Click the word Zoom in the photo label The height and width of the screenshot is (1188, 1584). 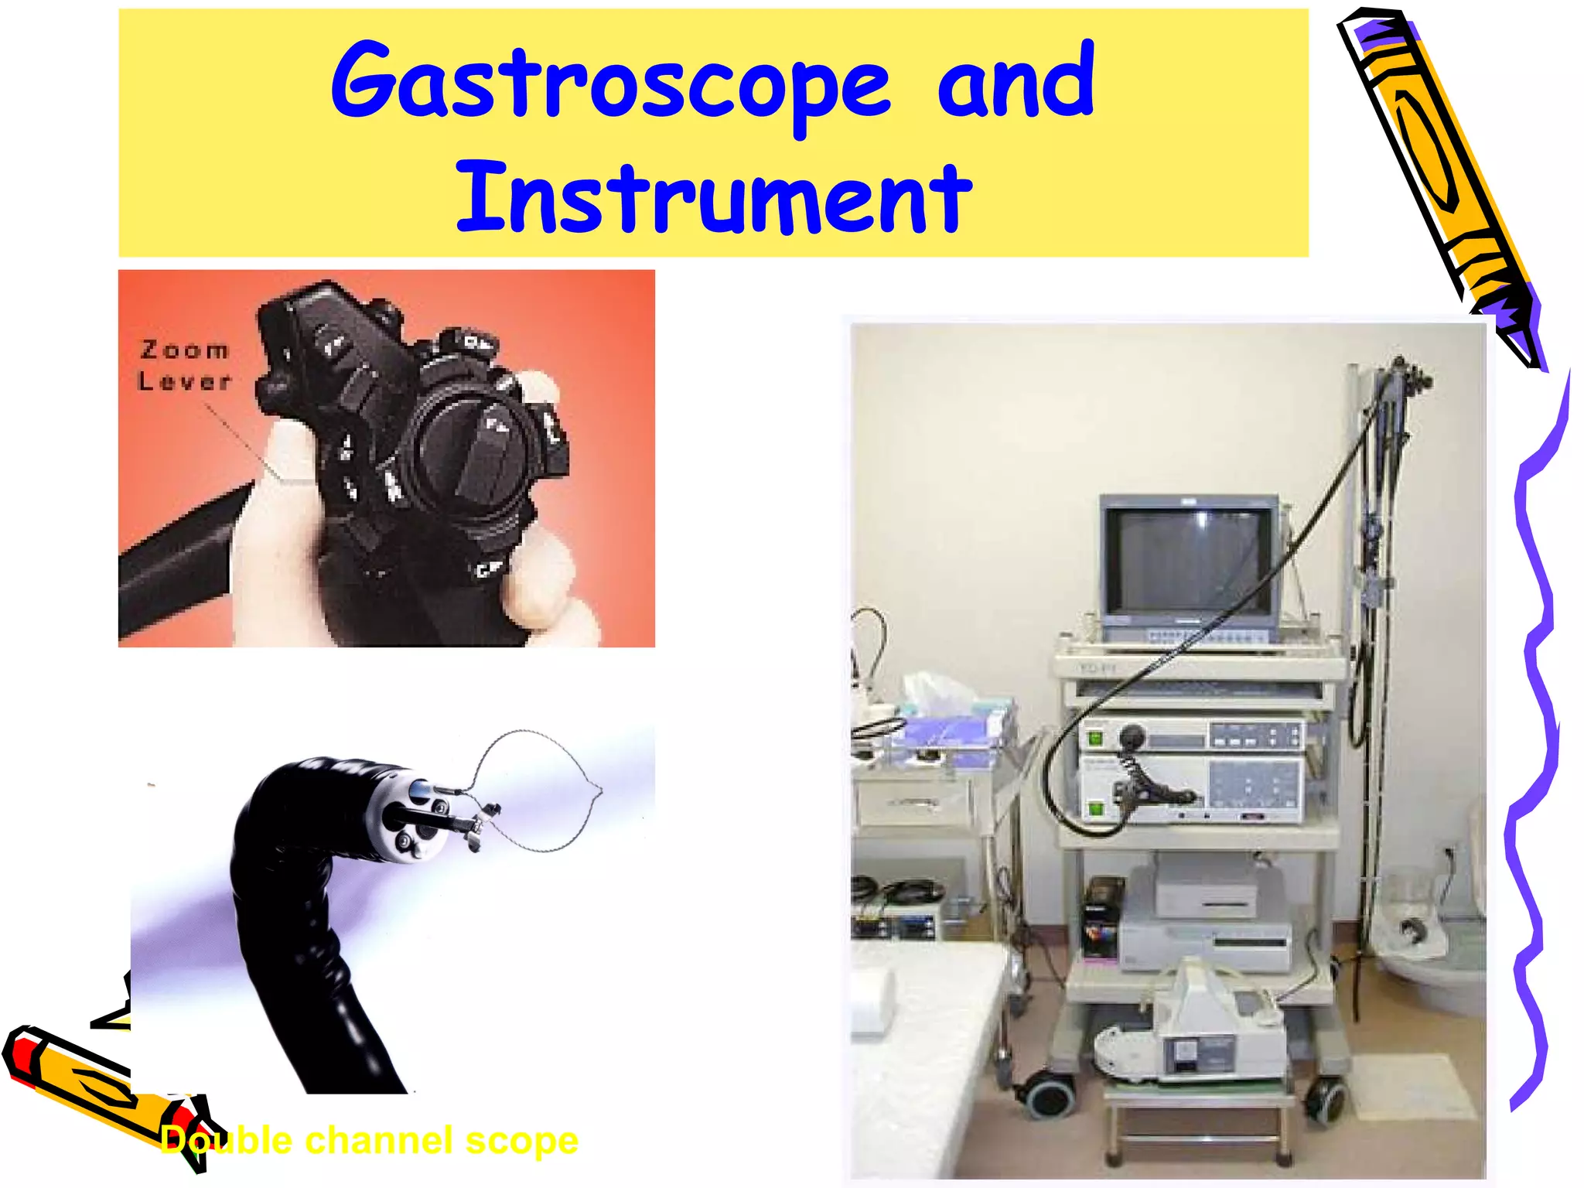click(x=185, y=350)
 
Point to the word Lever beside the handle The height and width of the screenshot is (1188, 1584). click(x=185, y=381)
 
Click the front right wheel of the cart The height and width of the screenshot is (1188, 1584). click(x=1324, y=1098)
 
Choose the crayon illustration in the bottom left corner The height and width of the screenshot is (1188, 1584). click(x=101, y=1083)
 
